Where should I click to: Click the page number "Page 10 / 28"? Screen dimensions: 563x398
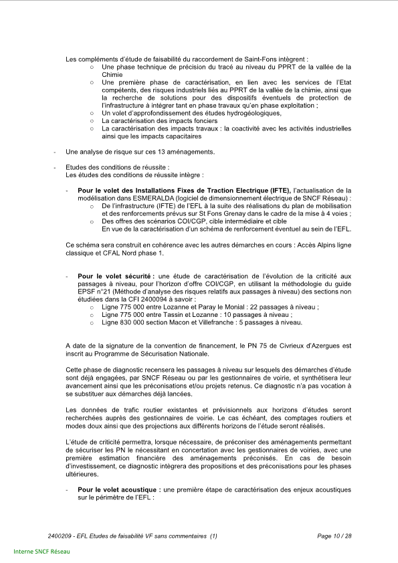[334, 536]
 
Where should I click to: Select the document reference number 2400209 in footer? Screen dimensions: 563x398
[62, 536]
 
